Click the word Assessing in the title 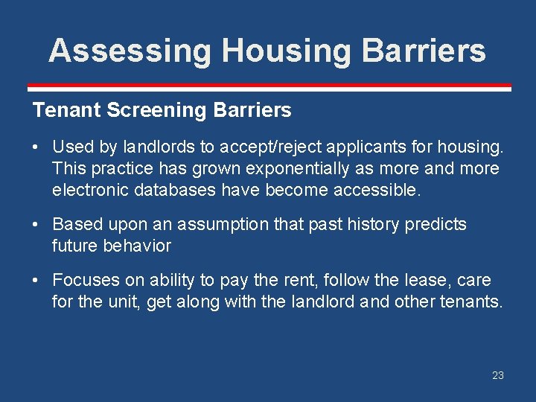pyautogui.click(x=129, y=51)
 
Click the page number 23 pyautogui.click(x=498, y=375)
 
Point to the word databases pyautogui.click(x=179, y=191)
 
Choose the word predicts pyautogui.click(x=435, y=224)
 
